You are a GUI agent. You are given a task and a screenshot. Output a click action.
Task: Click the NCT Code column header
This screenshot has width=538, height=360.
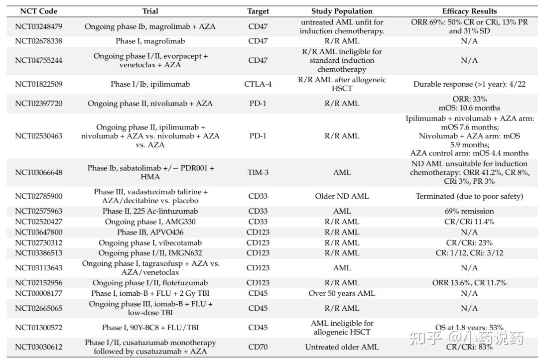coord(38,11)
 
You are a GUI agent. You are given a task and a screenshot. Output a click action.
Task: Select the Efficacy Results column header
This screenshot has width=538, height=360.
coord(469,11)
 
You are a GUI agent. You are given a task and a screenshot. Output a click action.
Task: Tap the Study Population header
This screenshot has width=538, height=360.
coord(342,11)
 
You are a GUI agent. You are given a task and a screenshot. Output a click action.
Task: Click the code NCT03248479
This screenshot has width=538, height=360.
coord(38,26)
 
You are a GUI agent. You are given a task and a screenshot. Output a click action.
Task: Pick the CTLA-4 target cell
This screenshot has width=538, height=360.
coord(258,84)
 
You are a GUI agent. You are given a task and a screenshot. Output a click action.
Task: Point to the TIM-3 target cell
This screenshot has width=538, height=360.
coord(258,172)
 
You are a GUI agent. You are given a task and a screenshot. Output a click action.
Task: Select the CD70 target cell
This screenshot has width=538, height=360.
coord(258,347)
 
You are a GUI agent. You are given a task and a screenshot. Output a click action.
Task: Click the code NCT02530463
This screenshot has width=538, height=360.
coord(38,135)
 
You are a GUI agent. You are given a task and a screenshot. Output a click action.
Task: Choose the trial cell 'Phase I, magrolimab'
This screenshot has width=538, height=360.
coord(150,41)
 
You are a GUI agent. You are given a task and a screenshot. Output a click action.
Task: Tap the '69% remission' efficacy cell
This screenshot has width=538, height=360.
coord(469,211)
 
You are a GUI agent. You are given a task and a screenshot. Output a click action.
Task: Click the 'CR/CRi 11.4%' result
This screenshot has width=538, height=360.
coord(469,222)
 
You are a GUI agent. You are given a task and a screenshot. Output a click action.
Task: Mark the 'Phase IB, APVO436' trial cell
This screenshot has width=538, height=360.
coord(150,232)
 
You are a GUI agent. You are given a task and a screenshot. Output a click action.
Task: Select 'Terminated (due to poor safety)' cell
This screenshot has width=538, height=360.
coord(469,196)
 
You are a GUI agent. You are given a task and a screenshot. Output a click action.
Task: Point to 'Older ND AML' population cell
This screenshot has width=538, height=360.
coord(342,196)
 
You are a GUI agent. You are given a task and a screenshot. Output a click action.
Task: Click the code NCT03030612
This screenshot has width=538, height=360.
coord(38,347)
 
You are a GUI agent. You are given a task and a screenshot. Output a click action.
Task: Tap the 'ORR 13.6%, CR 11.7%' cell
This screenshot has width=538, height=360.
coord(469,283)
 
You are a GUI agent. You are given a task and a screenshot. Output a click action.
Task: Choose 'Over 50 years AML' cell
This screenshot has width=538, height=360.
coord(342,293)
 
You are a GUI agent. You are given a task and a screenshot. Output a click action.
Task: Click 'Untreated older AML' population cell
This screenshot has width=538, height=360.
coord(342,347)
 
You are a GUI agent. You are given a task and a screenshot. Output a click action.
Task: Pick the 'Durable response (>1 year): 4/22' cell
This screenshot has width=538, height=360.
coord(469,84)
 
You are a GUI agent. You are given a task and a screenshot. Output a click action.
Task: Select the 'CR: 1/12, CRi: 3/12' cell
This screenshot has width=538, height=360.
coord(469,253)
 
